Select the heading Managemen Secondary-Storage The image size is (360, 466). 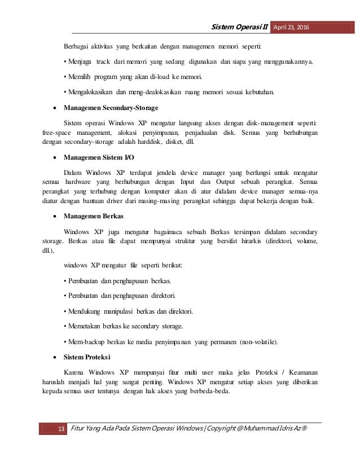tap(111, 107)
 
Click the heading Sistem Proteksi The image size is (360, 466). tap(88, 358)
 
